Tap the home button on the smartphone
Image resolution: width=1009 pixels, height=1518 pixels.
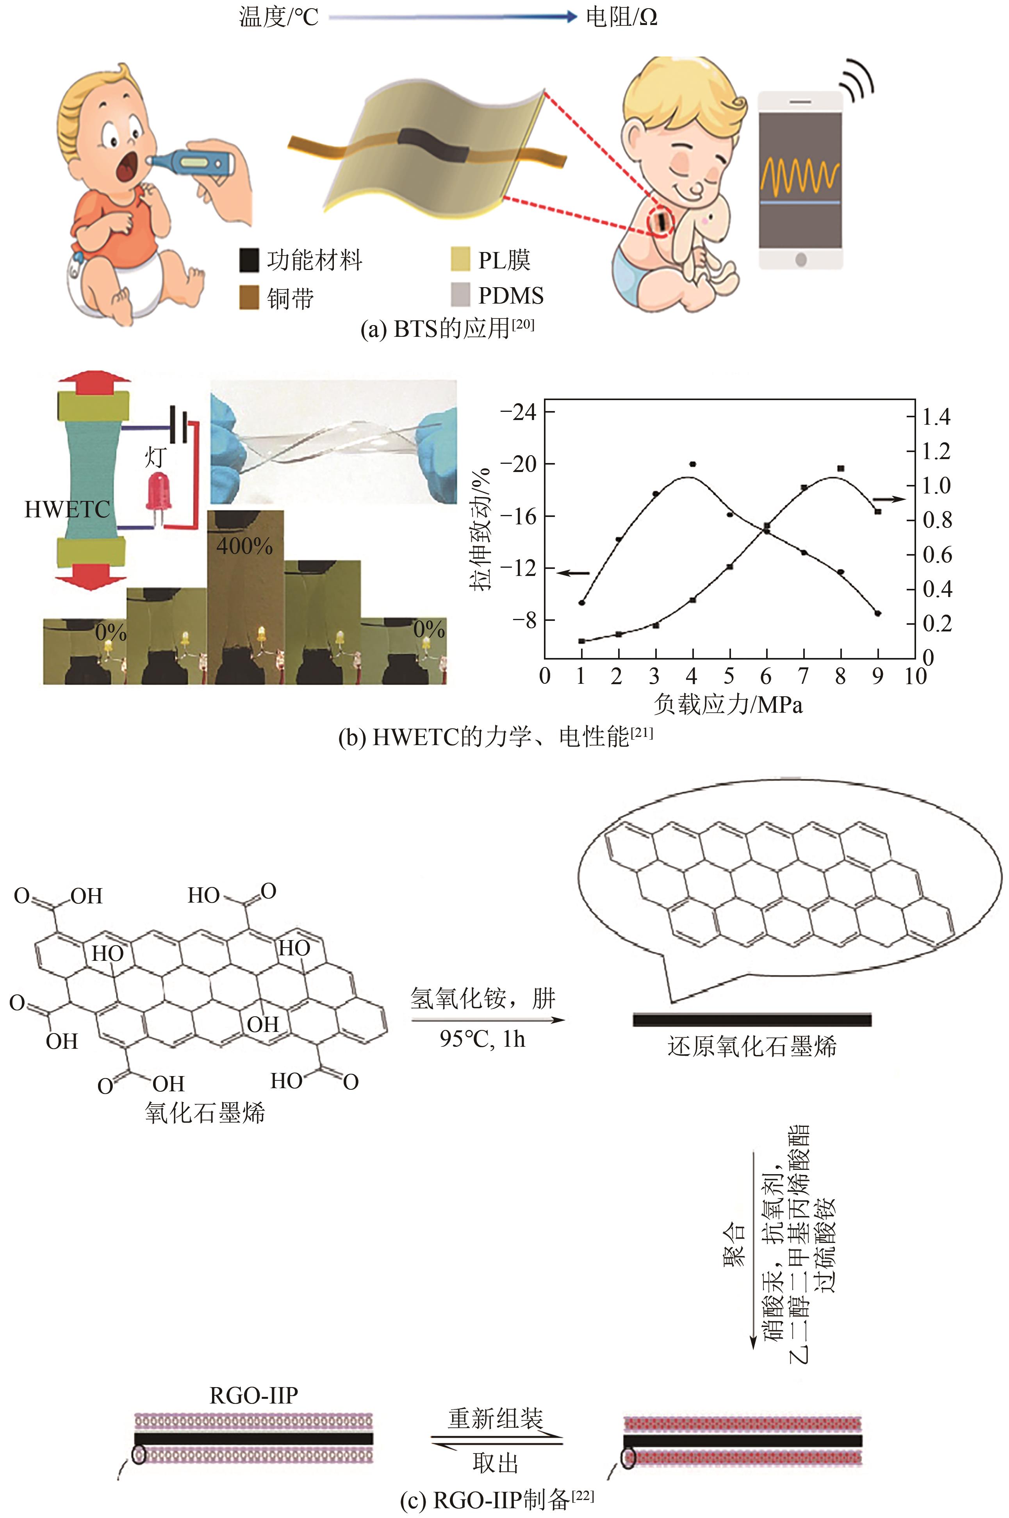[x=800, y=259]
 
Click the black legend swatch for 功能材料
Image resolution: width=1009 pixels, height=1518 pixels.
[x=249, y=260]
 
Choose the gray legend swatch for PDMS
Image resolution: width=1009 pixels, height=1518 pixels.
[x=460, y=295]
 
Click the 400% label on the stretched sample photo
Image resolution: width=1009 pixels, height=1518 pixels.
[x=244, y=546]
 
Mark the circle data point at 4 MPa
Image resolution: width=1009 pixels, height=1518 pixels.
[x=692, y=464]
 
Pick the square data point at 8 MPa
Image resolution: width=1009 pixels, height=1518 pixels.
[x=840, y=468]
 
